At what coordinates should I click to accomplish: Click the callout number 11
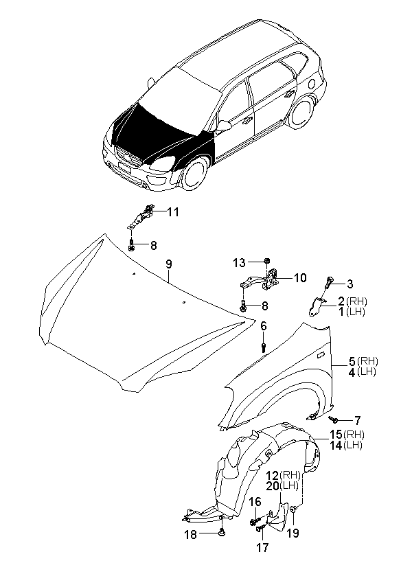pos(173,212)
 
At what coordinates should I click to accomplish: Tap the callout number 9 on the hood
pos(168,264)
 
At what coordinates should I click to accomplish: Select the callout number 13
pos(239,263)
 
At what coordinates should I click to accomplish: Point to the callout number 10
pos(300,277)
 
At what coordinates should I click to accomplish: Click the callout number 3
pos(350,284)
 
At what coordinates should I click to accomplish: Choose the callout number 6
pos(264,326)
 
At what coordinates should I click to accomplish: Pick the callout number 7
pos(357,420)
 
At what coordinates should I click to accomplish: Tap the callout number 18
pos(191,535)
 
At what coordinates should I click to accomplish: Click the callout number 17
pos(262,548)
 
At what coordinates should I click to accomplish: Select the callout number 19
pos(293,533)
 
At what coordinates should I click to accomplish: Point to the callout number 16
pos(255,502)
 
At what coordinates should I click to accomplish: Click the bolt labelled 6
pos(264,347)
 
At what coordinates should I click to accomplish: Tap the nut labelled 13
pos(266,260)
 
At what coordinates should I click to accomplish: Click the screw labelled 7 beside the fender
pos(334,419)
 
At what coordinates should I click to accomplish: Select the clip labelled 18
pos(222,533)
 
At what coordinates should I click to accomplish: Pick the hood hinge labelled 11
pos(141,216)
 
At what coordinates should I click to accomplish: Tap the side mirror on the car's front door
pos(224,126)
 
